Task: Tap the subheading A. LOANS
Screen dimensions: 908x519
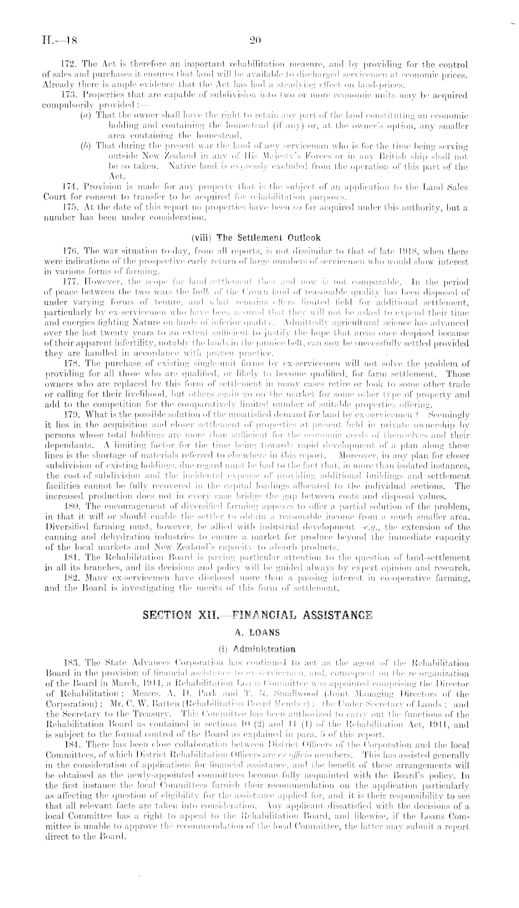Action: (258, 632)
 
